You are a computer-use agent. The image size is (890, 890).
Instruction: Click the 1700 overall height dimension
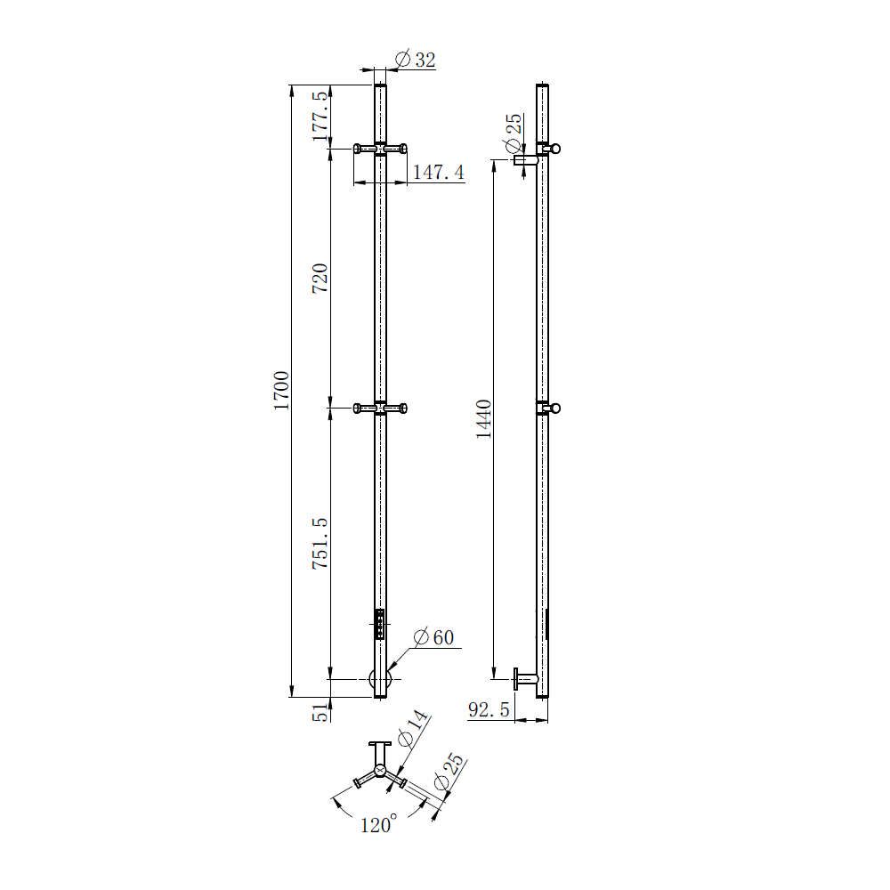(281, 391)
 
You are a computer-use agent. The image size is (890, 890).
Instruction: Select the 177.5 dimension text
(320, 116)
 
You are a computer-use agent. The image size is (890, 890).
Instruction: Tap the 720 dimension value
(320, 278)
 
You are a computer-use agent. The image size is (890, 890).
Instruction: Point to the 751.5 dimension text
(320, 543)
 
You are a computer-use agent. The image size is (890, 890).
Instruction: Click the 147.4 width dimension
(438, 172)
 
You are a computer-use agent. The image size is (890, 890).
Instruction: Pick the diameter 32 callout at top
(415, 60)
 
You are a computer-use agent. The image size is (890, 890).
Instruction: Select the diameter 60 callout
(433, 637)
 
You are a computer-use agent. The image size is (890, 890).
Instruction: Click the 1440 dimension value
(483, 419)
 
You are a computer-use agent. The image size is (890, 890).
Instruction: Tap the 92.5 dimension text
(489, 709)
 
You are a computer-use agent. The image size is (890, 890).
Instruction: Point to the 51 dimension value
(320, 712)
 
